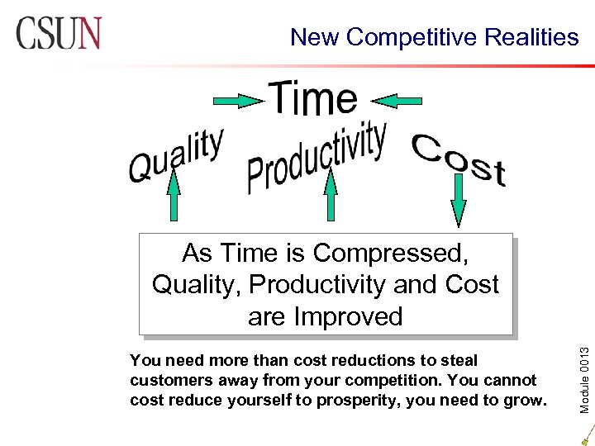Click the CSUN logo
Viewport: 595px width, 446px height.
pyautogui.click(x=58, y=33)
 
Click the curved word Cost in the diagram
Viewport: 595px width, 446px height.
pyautogui.click(x=459, y=159)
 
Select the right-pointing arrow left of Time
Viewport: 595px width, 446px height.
pyautogui.click(x=238, y=101)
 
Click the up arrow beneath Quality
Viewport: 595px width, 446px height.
pyautogui.click(x=174, y=198)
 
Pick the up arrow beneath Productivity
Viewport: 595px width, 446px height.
pyautogui.click(x=331, y=198)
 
